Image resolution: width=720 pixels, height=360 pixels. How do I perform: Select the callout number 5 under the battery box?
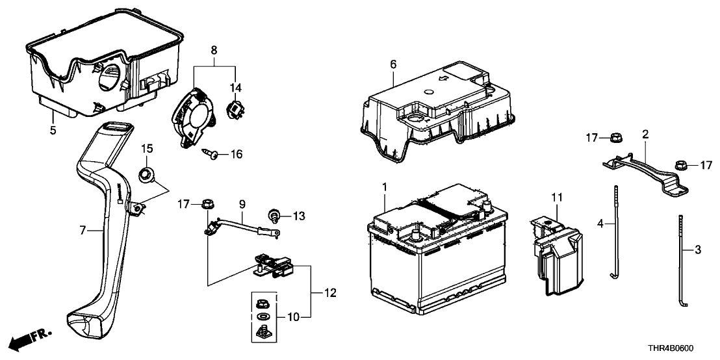point(53,130)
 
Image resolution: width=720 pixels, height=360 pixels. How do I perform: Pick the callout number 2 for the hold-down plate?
point(645,135)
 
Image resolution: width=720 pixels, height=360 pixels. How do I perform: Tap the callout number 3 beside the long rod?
point(698,249)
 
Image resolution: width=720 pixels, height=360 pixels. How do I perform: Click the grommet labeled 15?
point(147,174)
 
